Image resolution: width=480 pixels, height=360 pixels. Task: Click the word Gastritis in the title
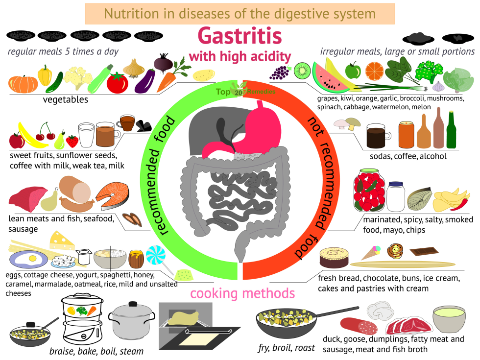[240, 36]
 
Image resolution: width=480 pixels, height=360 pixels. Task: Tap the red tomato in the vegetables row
[117, 83]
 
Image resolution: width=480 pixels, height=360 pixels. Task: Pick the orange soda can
[406, 134]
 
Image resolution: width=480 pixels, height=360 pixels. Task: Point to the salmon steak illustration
[112, 196]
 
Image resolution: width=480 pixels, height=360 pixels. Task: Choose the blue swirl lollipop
[156, 256]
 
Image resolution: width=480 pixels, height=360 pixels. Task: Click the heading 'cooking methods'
[242, 293]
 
